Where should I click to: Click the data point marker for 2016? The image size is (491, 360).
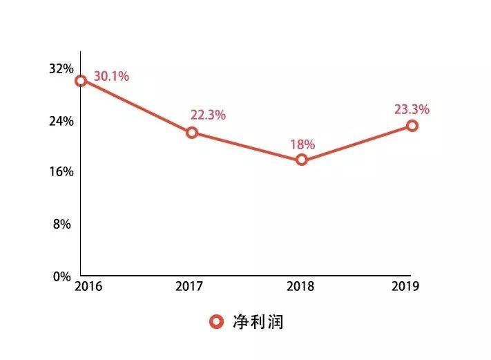coord(81,81)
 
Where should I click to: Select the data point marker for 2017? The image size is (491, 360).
coord(192,133)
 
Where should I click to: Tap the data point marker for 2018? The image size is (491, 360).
coord(302,160)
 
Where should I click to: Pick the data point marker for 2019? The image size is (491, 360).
coord(412,126)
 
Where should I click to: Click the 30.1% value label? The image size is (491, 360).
coord(111,77)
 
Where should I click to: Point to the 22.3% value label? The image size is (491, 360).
coord(208,115)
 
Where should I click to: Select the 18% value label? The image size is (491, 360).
coord(302,144)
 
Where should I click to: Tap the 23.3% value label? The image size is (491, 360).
coord(412,109)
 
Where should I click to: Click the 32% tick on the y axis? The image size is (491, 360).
coord(61,69)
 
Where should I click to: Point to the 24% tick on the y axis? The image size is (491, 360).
coord(61,121)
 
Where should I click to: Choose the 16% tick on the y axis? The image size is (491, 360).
coord(61,172)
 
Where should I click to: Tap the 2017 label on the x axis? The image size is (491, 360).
coord(191,286)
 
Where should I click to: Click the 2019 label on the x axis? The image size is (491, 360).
coord(407,286)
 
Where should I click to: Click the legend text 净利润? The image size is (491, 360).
coord(258,322)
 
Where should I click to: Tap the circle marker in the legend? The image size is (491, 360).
coord(216,322)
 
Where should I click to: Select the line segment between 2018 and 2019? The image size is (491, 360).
coord(357,143)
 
